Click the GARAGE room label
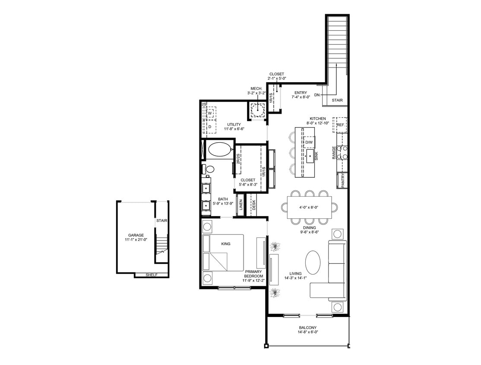[136, 235]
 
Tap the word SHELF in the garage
[151, 275]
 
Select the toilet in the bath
[209, 169]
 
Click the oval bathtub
[220, 150]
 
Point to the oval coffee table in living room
[313, 262]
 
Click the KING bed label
[225, 244]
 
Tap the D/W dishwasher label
[309, 142]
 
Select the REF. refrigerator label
[340, 125]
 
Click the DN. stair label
[317, 95]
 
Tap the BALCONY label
[308, 327]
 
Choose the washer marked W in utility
[210, 113]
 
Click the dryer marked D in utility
[210, 127]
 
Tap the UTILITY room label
[234, 125]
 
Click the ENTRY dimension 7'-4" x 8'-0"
[300, 98]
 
